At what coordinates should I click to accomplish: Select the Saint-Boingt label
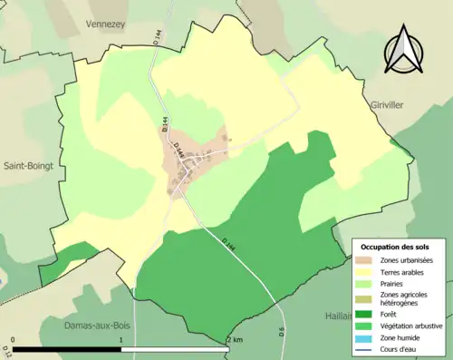[x=29, y=166]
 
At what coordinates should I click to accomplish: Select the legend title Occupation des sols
[x=395, y=247]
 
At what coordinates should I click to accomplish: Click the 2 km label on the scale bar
[x=235, y=340]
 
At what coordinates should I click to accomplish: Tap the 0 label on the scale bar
[x=13, y=340]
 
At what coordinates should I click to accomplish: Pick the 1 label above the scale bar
[x=121, y=340]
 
